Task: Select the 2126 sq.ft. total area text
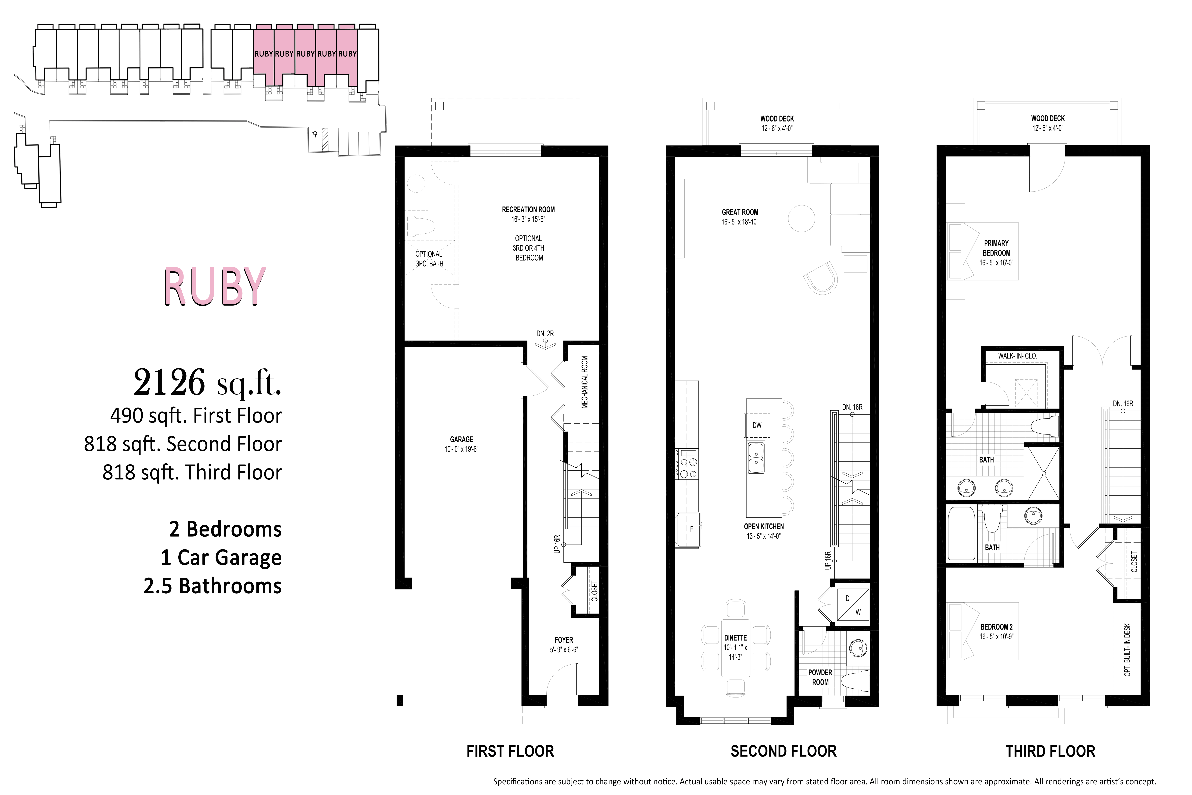tap(207, 383)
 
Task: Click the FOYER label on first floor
tap(564, 640)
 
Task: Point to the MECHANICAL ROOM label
tap(584, 382)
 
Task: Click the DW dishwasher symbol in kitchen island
tap(756, 425)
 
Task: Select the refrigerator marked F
tap(688, 529)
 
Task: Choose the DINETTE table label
tap(735, 638)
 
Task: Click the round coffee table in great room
tap(801, 218)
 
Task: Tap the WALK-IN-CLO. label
tap(1017, 356)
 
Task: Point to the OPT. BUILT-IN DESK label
tap(1127, 650)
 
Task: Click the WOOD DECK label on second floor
tap(776, 119)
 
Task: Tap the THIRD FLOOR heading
tap(1050, 751)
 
